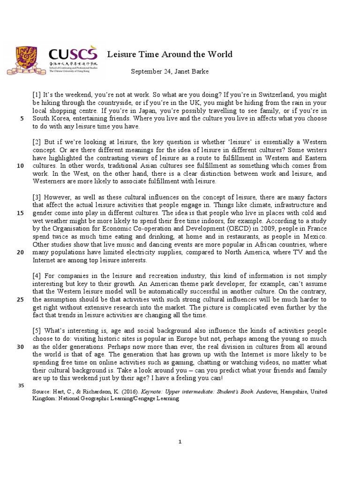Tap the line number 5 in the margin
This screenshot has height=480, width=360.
pos(22,119)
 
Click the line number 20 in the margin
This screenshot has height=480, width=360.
pos(20,252)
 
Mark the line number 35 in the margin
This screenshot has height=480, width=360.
pos(20,385)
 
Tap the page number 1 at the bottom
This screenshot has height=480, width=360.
pos(180,441)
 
